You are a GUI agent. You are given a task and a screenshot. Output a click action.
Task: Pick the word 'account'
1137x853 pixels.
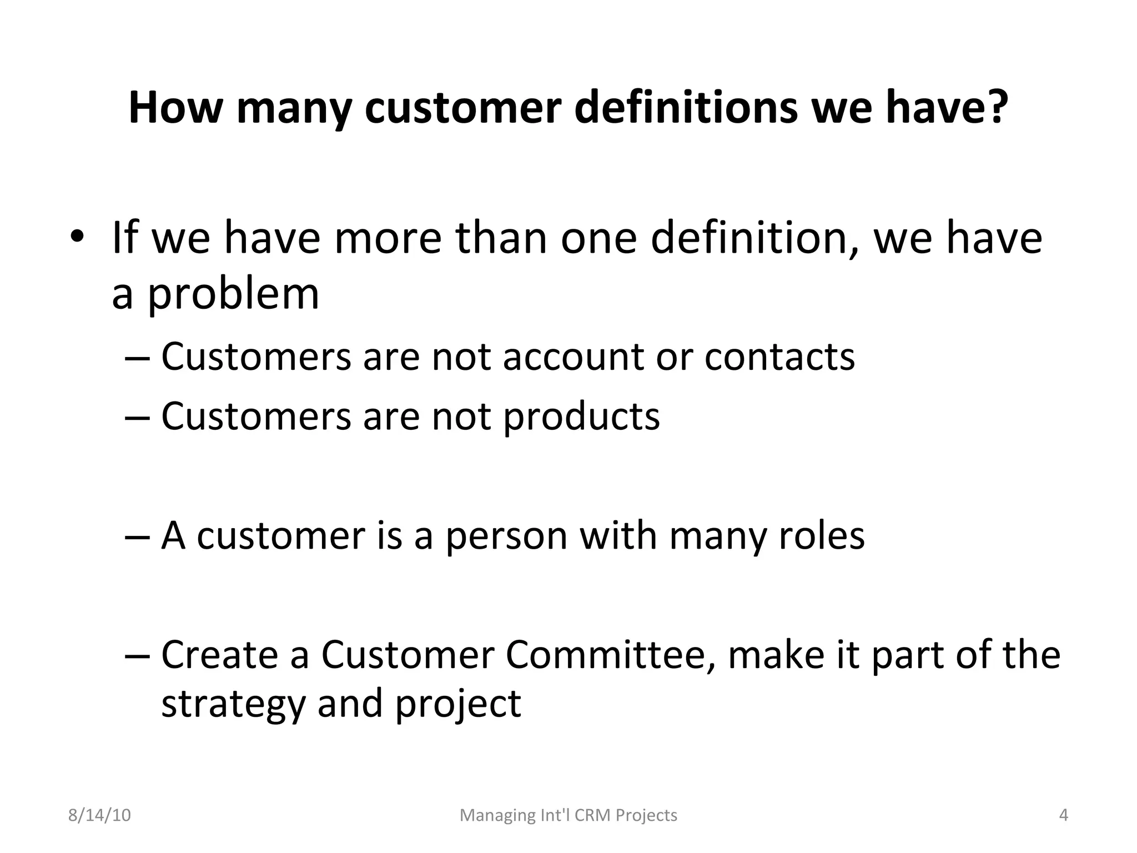pos(573,357)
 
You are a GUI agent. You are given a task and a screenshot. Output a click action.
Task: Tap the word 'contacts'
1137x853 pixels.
pos(779,357)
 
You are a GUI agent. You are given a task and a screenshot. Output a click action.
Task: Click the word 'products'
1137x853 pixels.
pos(581,417)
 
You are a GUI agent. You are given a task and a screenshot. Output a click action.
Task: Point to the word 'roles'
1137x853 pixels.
pos(822,536)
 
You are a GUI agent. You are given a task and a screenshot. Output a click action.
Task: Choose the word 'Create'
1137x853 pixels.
pos(219,655)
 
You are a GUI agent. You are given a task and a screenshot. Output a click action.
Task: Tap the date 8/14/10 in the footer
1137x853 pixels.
pos(99,815)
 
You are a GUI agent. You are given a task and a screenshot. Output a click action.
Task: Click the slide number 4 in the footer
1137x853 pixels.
pos(1064,815)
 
